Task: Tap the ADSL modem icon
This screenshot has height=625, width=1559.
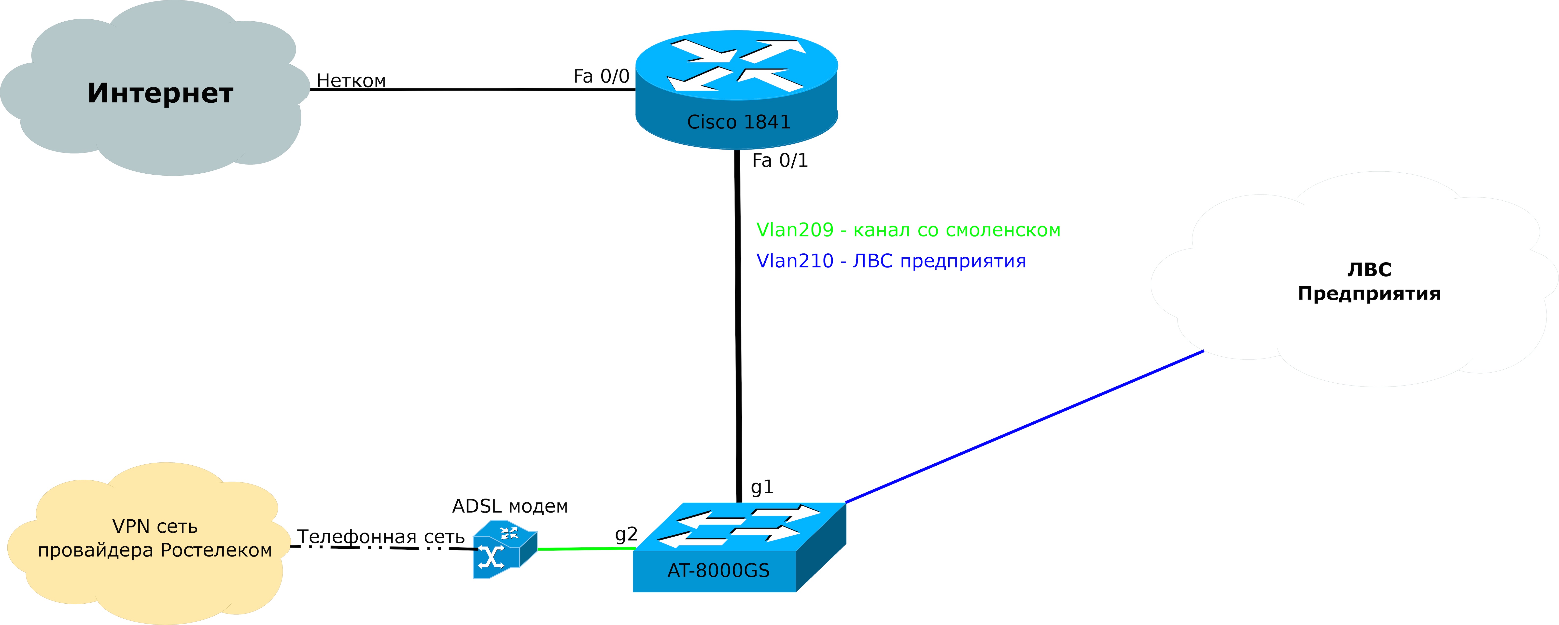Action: [x=504, y=549]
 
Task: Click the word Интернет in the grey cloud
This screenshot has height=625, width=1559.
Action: [x=160, y=93]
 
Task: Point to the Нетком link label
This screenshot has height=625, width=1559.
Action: [x=351, y=81]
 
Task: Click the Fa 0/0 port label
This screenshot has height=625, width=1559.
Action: [x=601, y=76]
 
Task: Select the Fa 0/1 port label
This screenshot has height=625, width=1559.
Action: [x=780, y=160]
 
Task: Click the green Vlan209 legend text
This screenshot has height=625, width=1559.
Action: [x=908, y=230]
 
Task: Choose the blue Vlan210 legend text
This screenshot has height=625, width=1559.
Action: [x=891, y=261]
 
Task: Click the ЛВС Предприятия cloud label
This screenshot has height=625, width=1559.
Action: [x=1369, y=281]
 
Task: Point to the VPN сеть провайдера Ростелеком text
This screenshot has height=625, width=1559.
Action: [x=155, y=538]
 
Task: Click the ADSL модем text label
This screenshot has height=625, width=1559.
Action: [x=510, y=506]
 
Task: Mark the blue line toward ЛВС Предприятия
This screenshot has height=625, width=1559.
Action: [x=1023, y=427]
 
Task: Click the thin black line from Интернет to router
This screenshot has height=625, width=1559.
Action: [x=472, y=90]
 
